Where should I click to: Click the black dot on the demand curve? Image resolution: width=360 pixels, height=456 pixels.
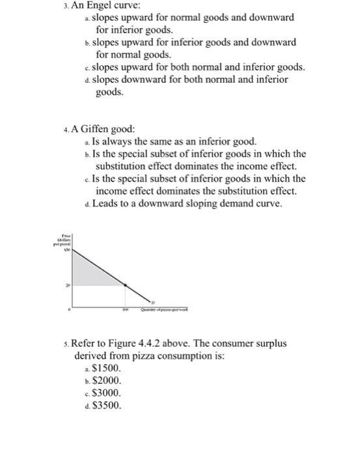pyautogui.click(x=126, y=284)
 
